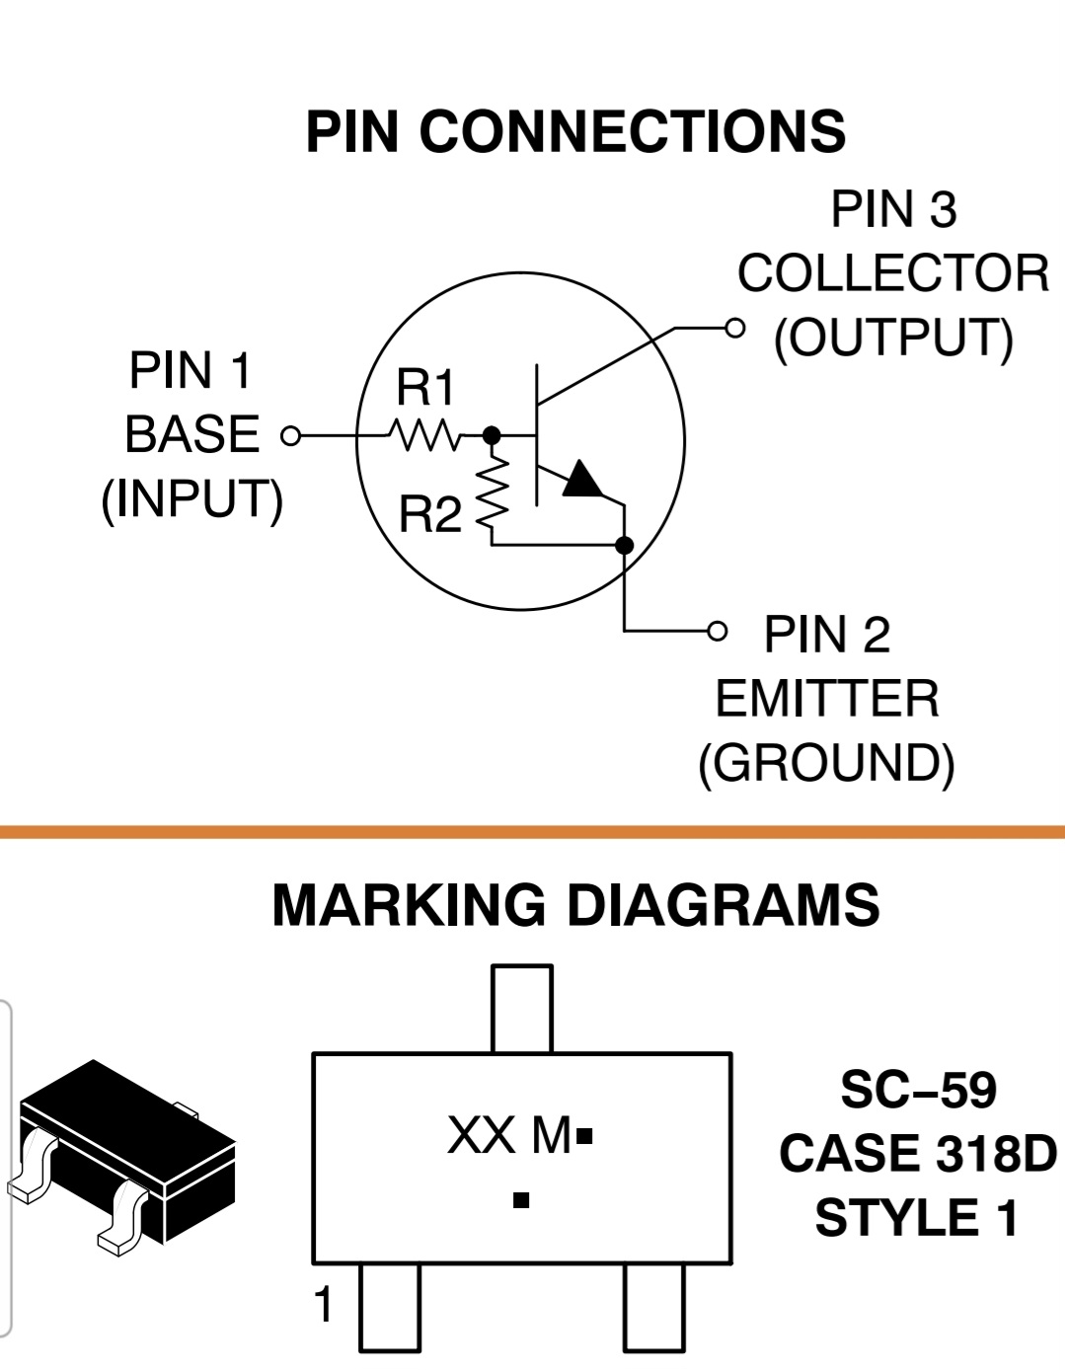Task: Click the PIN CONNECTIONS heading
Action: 575,131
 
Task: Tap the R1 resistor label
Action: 424,387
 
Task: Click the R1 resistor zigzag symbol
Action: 424,435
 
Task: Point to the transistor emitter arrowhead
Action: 582,479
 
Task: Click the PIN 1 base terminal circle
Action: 290,435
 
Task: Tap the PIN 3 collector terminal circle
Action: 734,328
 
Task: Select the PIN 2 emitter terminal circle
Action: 718,631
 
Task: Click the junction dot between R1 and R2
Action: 491,435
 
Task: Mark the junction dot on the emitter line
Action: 624,546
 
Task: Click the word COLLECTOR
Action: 893,273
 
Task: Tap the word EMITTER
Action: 827,699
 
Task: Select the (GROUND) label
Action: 827,764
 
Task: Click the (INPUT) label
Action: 192,500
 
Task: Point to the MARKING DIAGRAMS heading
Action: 575,905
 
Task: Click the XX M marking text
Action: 509,1135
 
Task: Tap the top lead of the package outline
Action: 522,1009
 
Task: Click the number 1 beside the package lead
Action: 324,1304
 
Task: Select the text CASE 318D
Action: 918,1153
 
